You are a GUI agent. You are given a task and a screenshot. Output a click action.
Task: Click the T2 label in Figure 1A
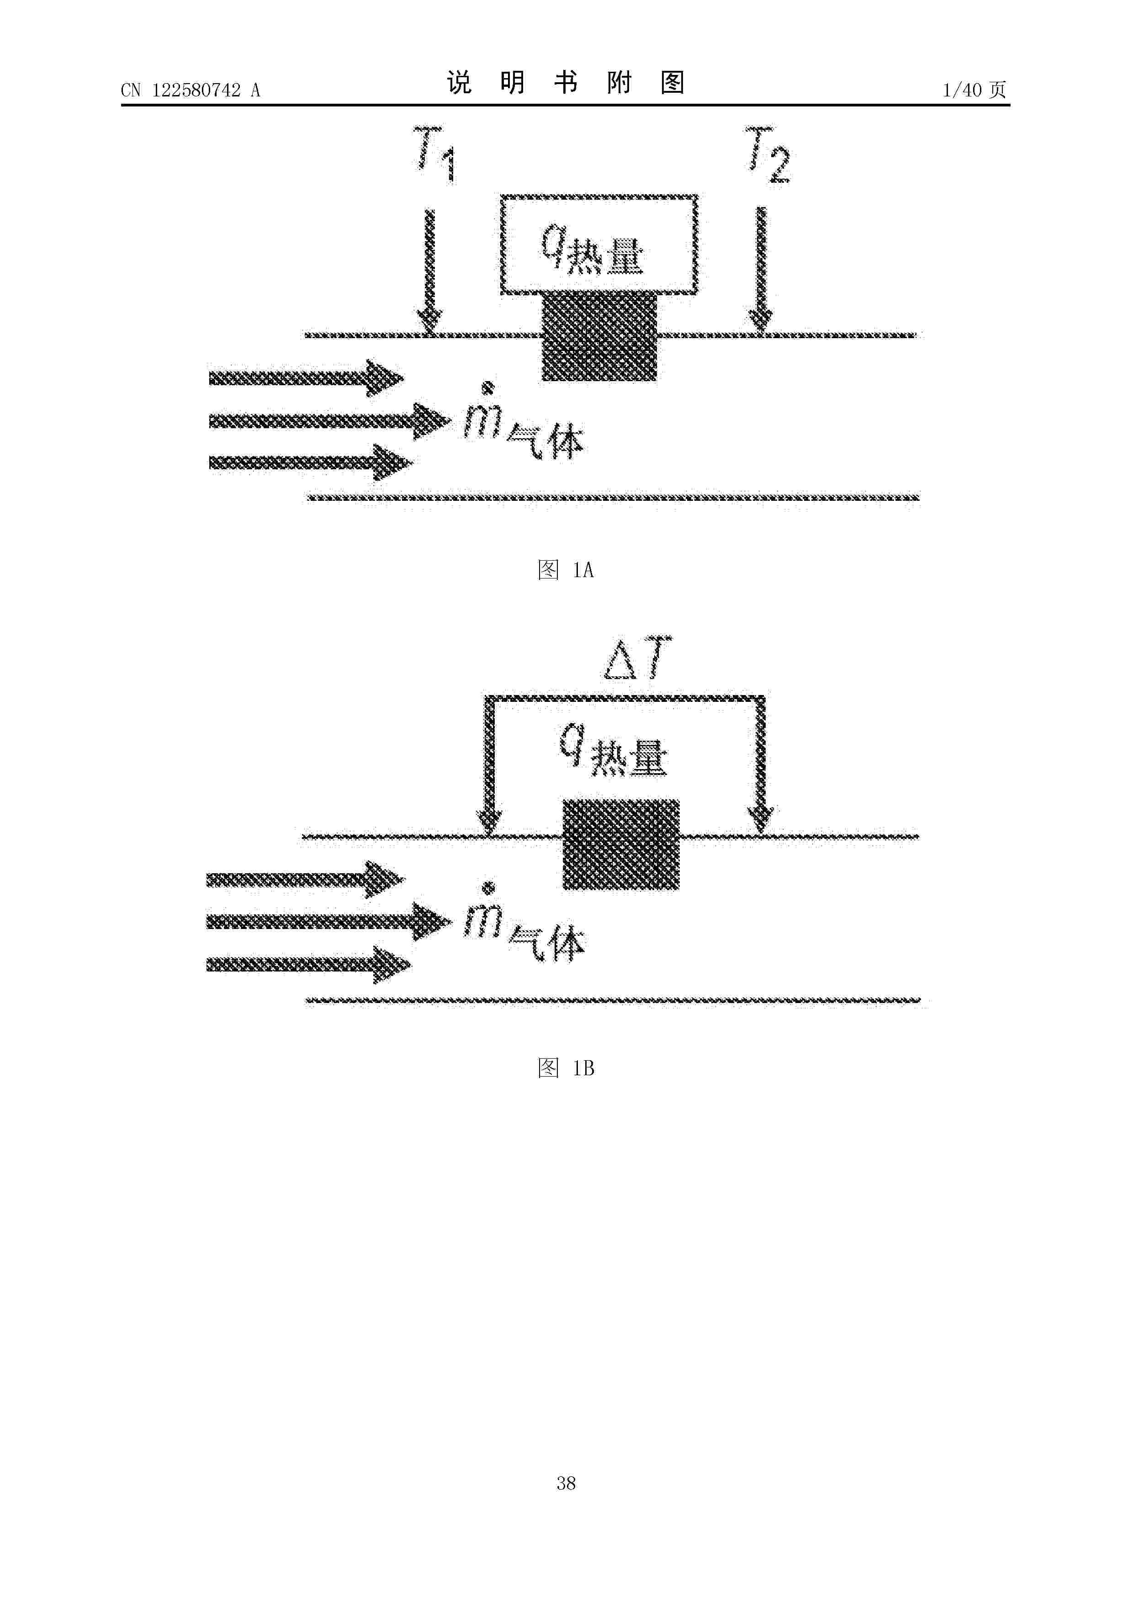click(x=768, y=154)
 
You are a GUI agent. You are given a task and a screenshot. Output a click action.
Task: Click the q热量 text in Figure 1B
click(x=613, y=750)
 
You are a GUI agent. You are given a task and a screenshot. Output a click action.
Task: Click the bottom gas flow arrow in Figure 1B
click(x=308, y=965)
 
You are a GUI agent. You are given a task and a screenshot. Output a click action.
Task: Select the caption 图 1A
click(x=566, y=570)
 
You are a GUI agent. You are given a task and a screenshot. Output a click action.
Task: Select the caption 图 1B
click(x=566, y=1067)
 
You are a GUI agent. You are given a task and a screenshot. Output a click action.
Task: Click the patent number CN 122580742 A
click(x=191, y=90)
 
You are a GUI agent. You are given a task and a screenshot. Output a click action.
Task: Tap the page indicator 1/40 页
click(x=974, y=90)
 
